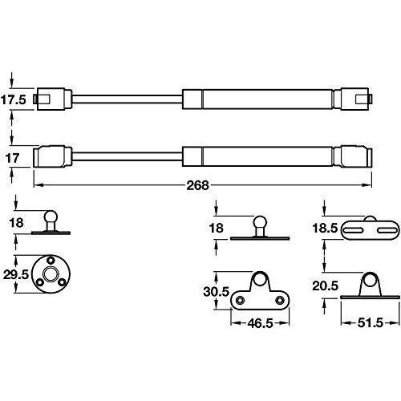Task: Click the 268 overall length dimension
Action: pyautogui.click(x=197, y=185)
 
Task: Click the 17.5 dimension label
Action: pyautogui.click(x=14, y=99)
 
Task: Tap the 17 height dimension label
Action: pyautogui.click(x=12, y=158)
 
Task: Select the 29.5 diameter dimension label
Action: pyautogui.click(x=15, y=274)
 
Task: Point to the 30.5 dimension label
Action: pyautogui.click(x=217, y=292)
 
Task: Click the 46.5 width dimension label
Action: pyautogui.click(x=260, y=323)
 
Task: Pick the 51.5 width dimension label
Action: pyautogui.click(x=371, y=323)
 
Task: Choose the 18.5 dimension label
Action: pyautogui.click(x=325, y=229)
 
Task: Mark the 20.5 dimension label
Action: pyautogui.click(x=326, y=286)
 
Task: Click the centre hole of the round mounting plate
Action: pyautogui.click(x=51, y=274)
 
